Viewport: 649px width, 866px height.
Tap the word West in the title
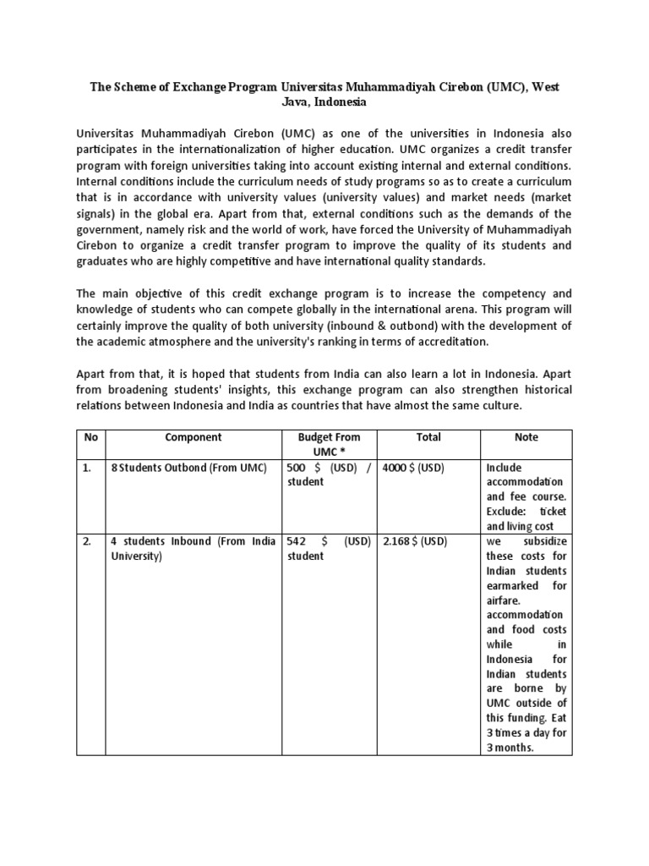(543, 87)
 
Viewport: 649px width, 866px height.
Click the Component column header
(194, 437)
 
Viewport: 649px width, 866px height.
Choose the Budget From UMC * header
(329, 445)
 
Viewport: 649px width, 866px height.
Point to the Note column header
(526, 437)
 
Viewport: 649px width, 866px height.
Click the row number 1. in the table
(87, 468)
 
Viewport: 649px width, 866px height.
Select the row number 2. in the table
(87, 541)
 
